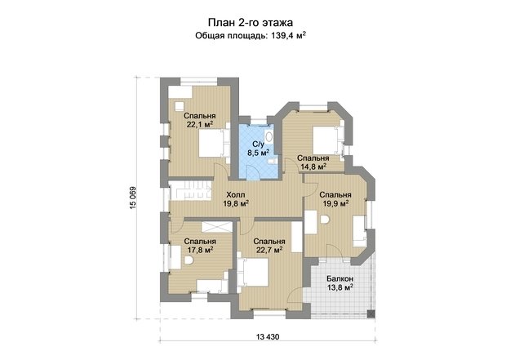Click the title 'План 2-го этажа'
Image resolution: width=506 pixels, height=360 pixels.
pyautogui.click(x=251, y=23)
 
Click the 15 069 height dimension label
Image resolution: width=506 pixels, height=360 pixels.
pyautogui.click(x=134, y=198)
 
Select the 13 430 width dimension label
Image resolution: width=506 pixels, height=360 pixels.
pyautogui.click(x=268, y=337)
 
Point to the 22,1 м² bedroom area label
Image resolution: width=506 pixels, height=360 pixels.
pyautogui.click(x=200, y=124)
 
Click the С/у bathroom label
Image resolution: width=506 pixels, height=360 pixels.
pyautogui.click(x=258, y=144)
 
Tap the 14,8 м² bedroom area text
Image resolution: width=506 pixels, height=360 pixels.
pyautogui.click(x=313, y=167)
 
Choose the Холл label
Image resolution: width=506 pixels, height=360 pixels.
pyautogui.click(x=236, y=194)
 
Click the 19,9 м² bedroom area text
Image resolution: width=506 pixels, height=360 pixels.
pyautogui.click(x=335, y=203)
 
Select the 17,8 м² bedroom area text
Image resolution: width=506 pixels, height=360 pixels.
pyautogui.click(x=200, y=250)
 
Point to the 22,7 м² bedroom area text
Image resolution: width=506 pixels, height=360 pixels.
pyautogui.click(x=269, y=250)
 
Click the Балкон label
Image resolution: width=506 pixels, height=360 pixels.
pyautogui.click(x=340, y=278)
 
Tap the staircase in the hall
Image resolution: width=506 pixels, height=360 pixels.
pyautogui.click(x=190, y=191)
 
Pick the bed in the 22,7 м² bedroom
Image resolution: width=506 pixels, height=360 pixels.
pyautogui.click(x=253, y=272)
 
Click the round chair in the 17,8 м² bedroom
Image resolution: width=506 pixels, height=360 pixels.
pyautogui.click(x=189, y=260)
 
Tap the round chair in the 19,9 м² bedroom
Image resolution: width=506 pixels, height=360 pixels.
pyautogui.click(x=325, y=220)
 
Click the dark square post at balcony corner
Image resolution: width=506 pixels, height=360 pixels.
pyautogui.click(x=371, y=313)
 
